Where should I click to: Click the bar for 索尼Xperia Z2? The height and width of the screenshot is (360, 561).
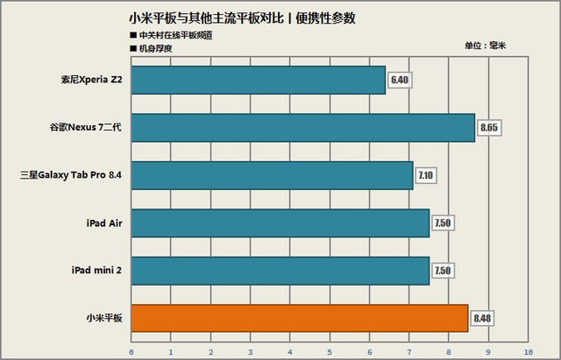tap(258, 81)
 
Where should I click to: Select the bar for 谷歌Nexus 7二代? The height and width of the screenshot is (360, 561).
tap(302, 128)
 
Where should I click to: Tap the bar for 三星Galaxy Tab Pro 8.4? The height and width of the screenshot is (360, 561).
tap(272, 175)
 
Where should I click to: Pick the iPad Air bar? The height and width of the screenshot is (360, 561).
tap(280, 222)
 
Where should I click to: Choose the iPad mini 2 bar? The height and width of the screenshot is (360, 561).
tap(280, 270)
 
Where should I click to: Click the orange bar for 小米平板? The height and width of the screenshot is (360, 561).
tap(299, 317)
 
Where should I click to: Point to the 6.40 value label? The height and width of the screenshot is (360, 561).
tap(401, 81)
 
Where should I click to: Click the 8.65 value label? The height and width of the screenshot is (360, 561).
tap(489, 129)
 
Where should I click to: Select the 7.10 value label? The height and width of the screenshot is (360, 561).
tap(427, 176)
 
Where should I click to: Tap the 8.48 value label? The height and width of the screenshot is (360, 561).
tap(482, 318)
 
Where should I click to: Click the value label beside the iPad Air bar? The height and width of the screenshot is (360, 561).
tap(443, 223)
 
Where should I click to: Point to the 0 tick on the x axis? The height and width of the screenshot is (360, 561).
tap(131, 351)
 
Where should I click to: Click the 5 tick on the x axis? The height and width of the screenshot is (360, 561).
tap(330, 351)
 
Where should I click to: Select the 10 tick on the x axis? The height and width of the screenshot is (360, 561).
tap(527, 351)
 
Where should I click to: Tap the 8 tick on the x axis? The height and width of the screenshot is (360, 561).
tap(449, 351)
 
